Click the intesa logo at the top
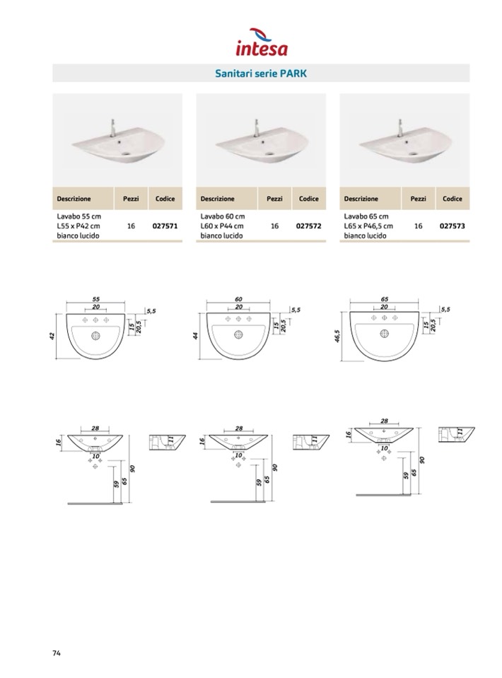(262, 42)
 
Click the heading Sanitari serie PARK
(261, 74)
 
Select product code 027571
(165, 226)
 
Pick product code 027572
(309, 226)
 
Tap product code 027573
(453, 226)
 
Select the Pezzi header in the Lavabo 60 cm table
(274, 199)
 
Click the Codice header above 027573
(453, 199)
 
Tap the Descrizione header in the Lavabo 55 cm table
(74, 199)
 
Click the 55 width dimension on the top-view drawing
(96, 299)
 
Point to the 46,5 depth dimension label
(337, 336)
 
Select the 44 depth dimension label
(195, 336)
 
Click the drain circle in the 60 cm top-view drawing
(238, 334)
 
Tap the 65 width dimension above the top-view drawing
(385, 299)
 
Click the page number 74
(57, 653)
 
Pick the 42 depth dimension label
(52, 336)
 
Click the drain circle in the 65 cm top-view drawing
(384, 334)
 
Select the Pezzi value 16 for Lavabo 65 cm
(418, 226)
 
